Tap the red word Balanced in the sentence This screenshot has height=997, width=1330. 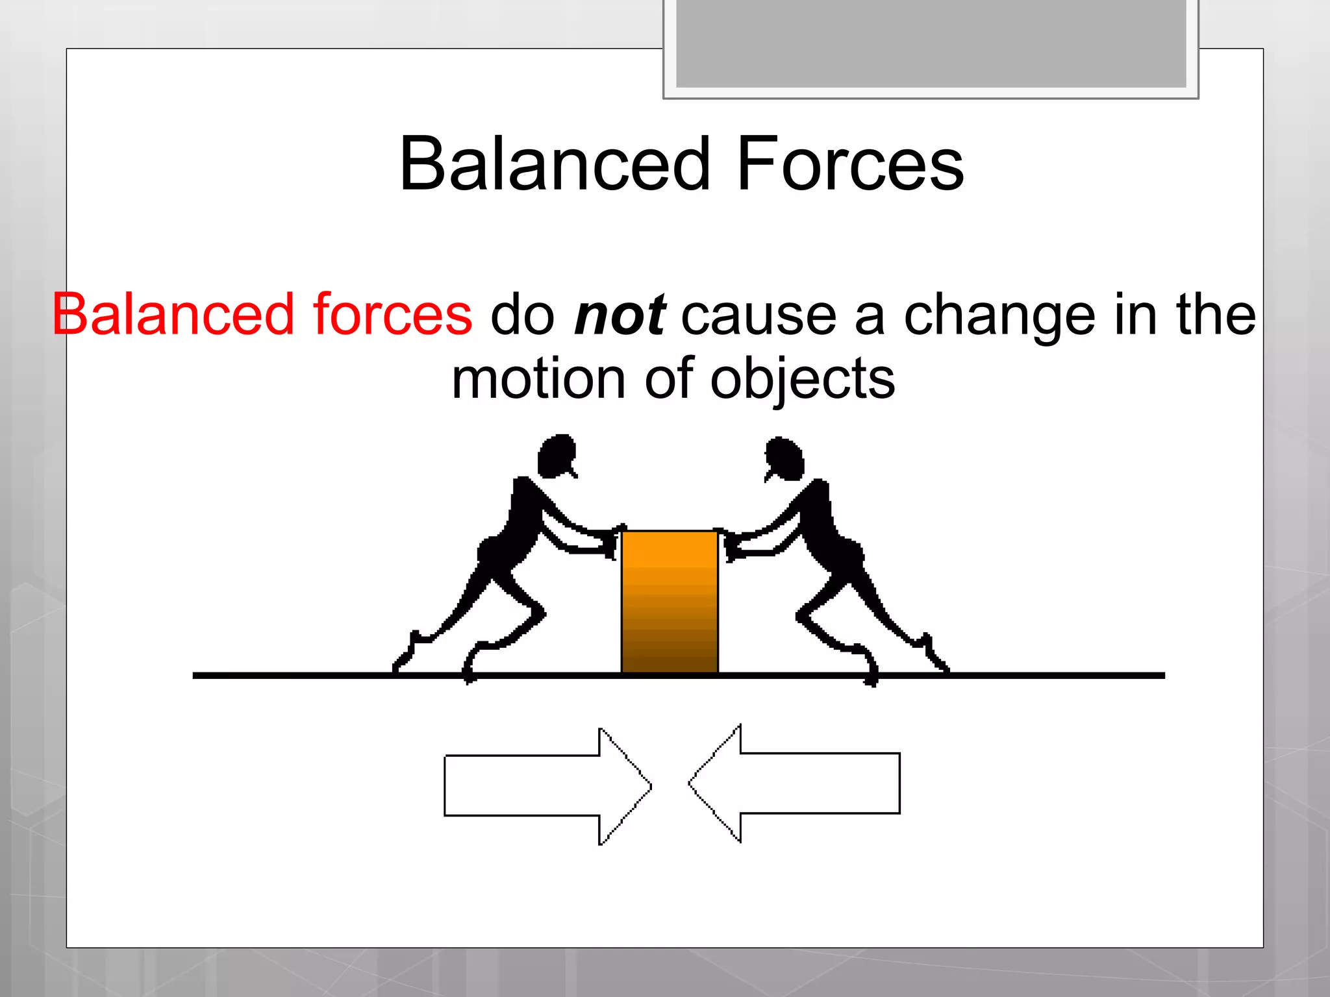[173, 315]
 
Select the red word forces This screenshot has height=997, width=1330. [392, 315]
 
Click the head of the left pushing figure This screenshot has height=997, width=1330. [557, 455]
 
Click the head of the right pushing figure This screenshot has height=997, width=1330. [785, 458]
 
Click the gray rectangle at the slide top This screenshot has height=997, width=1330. [931, 44]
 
